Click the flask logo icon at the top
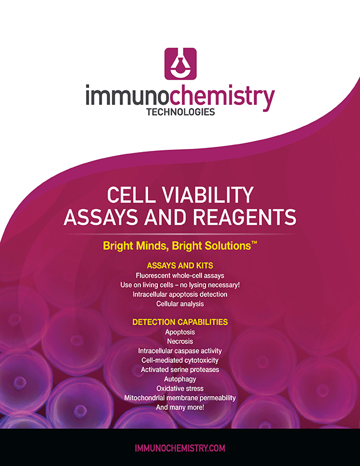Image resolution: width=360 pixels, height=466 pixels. (x=180, y=64)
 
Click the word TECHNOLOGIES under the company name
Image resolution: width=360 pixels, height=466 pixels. (x=180, y=112)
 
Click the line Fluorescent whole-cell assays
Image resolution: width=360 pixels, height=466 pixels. (x=180, y=275)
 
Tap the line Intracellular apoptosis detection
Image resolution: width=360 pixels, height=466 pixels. (x=180, y=294)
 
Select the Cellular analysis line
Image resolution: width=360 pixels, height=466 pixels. (x=180, y=303)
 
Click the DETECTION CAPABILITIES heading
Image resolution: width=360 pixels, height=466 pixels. (x=180, y=322)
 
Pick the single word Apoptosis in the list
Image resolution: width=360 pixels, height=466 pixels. (x=180, y=332)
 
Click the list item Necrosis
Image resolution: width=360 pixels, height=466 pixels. (x=180, y=341)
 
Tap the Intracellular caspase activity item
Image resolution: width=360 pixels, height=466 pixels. (x=180, y=351)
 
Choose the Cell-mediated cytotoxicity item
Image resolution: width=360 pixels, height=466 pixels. (x=180, y=360)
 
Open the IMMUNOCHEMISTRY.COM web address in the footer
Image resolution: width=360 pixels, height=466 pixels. (x=180, y=448)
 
